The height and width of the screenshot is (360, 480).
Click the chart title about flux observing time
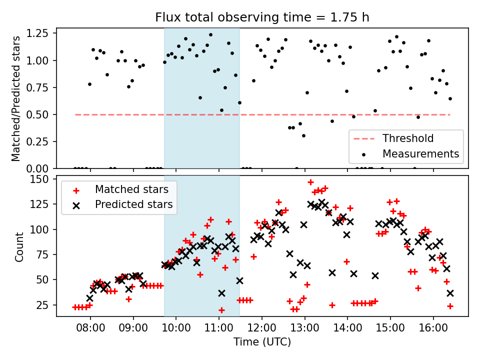coord(262,18)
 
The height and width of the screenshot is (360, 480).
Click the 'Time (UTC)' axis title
coord(262,342)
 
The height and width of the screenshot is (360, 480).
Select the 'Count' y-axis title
coord(19,246)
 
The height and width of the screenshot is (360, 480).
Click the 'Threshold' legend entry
coord(408,138)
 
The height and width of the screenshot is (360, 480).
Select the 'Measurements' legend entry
coord(420,153)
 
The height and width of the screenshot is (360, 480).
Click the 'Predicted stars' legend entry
coord(133,204)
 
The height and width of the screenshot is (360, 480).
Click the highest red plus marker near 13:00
coord(310,182)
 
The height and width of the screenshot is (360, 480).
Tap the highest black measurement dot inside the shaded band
coord(210,35)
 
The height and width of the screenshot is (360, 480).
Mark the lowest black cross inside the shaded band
coord(221,293)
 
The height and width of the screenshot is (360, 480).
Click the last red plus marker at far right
coord(450,306)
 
